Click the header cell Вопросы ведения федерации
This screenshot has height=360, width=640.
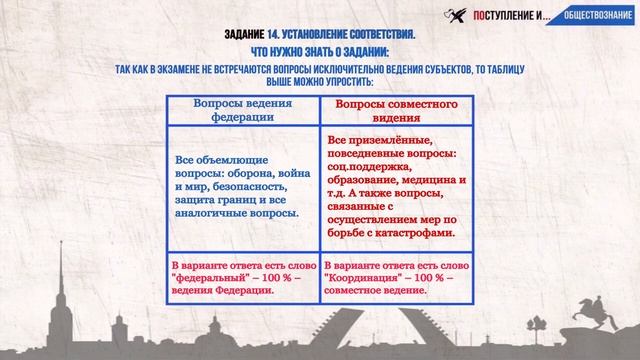tap(242, 111)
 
